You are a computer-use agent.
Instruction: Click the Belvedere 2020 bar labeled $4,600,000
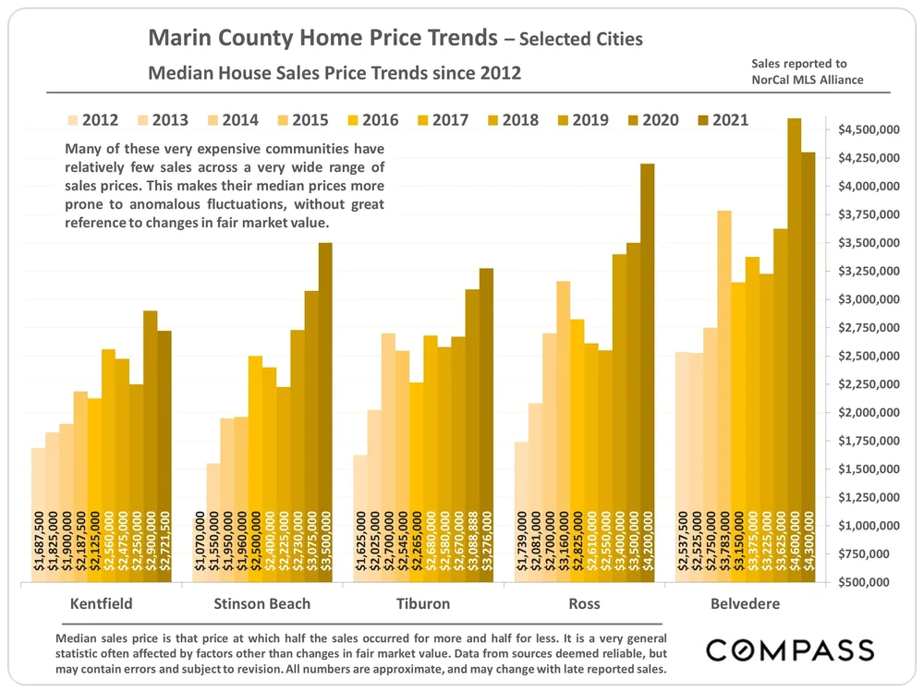pyautogui.click(x=794, y=351)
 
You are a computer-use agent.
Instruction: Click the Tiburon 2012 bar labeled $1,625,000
pyautogui.click(x=359, y=518)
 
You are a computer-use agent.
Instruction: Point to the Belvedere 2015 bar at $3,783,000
pyautogui.click(x=724, y=397)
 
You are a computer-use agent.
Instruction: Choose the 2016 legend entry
pyautogui.click(x=370, y=120)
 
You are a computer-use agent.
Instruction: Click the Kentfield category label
pyautogui.click(x=101, y=604)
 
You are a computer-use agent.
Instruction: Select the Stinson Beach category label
pyautogui.click(x=262, y=604)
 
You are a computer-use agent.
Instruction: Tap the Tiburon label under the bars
pyautogui.click(x=422, y=604)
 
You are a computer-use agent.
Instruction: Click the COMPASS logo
pyautogui.click(x=790, y=650)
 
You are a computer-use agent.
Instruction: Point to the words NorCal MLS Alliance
pyautogui.click(x=808, y=79)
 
